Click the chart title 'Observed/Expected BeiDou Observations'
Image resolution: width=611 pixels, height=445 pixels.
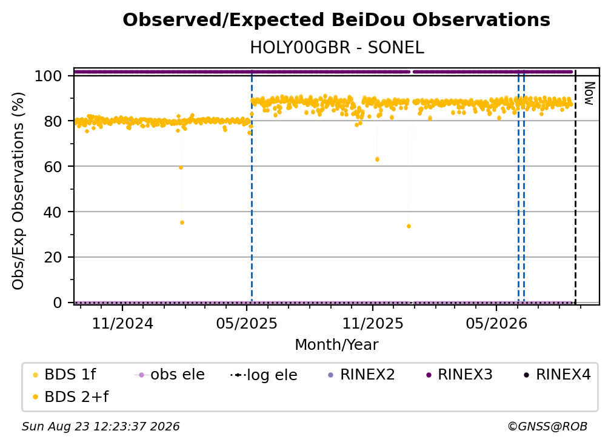pos(336,20)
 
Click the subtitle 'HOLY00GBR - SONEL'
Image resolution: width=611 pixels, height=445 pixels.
pos(336,48)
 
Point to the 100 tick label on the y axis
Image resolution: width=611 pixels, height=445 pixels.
pos(48,76)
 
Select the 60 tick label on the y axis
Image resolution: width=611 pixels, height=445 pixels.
pos(53,166)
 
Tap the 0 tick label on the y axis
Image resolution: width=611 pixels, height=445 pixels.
pos(58,303)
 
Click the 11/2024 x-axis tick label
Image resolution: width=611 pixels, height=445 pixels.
pos(122,323)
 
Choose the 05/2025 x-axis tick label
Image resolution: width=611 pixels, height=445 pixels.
pos(247,323)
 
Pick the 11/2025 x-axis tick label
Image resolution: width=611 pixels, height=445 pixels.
pos(373,323)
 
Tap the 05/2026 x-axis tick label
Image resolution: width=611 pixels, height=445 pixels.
pos(496,323)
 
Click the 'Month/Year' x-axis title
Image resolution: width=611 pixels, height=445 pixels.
pos(336,345)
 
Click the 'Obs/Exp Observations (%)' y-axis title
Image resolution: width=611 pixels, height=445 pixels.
pos(18,191)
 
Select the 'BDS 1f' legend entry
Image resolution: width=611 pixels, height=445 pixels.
pos(64,375)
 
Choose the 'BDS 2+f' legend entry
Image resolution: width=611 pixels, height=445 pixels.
pos(70,397)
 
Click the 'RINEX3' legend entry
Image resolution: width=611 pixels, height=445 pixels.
pos(459,375)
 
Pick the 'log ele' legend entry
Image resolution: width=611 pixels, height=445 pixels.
pos(264,375)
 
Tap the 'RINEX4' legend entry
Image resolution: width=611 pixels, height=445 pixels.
pos(557,375)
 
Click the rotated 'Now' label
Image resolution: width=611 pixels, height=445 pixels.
pos(589,93)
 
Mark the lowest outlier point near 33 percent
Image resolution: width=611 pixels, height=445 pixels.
pos(409,226)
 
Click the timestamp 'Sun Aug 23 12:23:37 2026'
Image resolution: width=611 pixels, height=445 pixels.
pos(101,427)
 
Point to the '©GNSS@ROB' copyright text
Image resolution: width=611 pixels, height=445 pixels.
pos(547,427)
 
